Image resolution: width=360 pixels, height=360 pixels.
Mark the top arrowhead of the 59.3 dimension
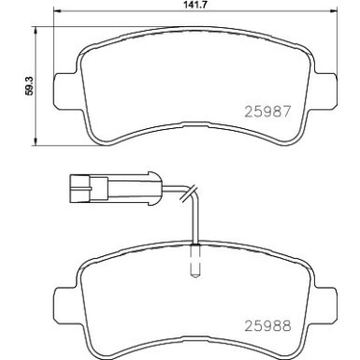point(36,27)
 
